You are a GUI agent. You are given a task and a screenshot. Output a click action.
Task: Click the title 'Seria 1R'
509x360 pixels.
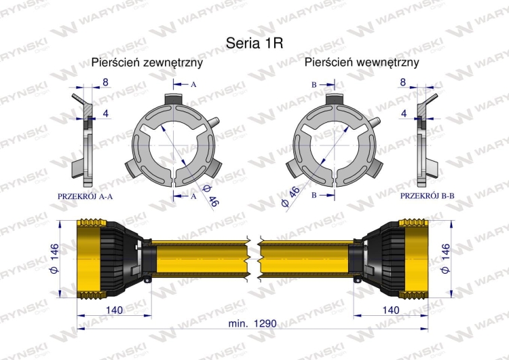tap(254, 41)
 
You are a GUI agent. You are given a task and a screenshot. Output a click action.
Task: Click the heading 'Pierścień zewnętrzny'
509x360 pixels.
tap(147, 62)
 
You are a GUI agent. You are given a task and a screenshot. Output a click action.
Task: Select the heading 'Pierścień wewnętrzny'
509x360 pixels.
tap(362, 62)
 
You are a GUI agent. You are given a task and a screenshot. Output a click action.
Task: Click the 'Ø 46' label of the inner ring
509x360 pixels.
tap(293, 196)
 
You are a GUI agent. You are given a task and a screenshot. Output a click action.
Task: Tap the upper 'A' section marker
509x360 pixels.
tap(193, 84)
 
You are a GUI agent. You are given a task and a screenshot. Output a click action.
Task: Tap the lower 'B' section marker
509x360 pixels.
tap(314, 196)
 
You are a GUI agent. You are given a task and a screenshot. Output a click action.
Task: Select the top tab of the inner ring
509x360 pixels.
tap(335, 101)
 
